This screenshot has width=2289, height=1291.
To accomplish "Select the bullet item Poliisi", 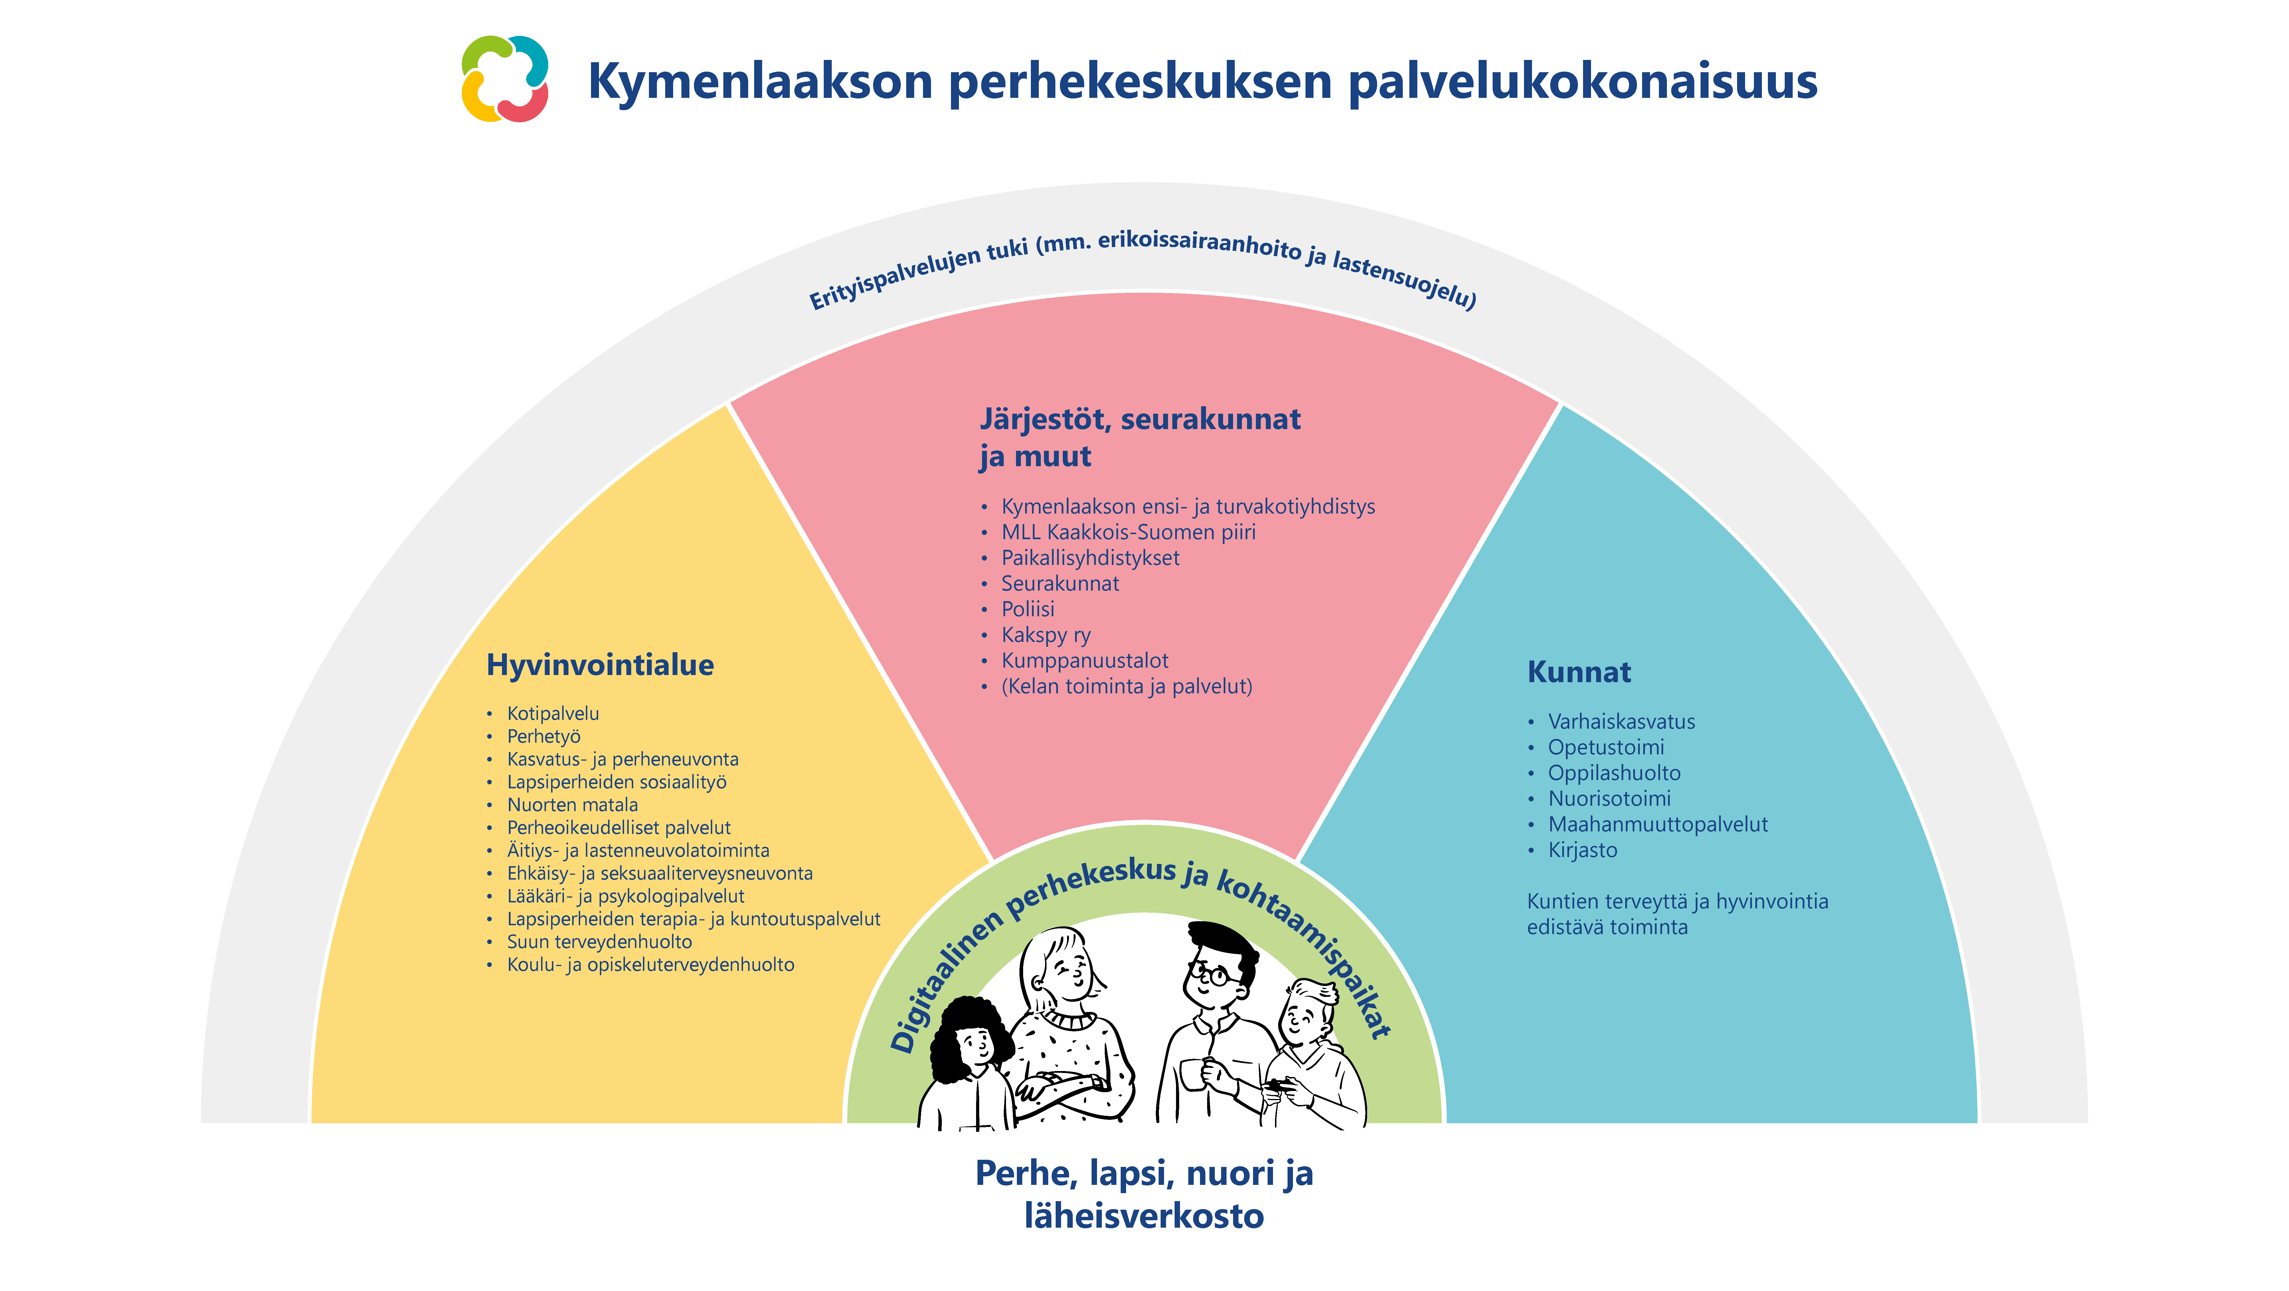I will (x=1028, y=609).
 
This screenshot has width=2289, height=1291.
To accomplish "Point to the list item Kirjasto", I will (x=1582, y=850).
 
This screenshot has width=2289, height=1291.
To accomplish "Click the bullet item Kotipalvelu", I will (x=553, y=714).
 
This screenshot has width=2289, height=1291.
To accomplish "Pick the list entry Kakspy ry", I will (x=1046, y=635).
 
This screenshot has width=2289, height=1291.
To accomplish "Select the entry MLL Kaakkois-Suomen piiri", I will (x=1128, y=532).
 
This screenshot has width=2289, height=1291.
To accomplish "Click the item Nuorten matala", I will (x=572, y=805).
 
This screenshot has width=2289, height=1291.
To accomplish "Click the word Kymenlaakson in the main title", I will (x=760, y=82).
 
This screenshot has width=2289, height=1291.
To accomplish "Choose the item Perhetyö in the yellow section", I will (x=544, y=737).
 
